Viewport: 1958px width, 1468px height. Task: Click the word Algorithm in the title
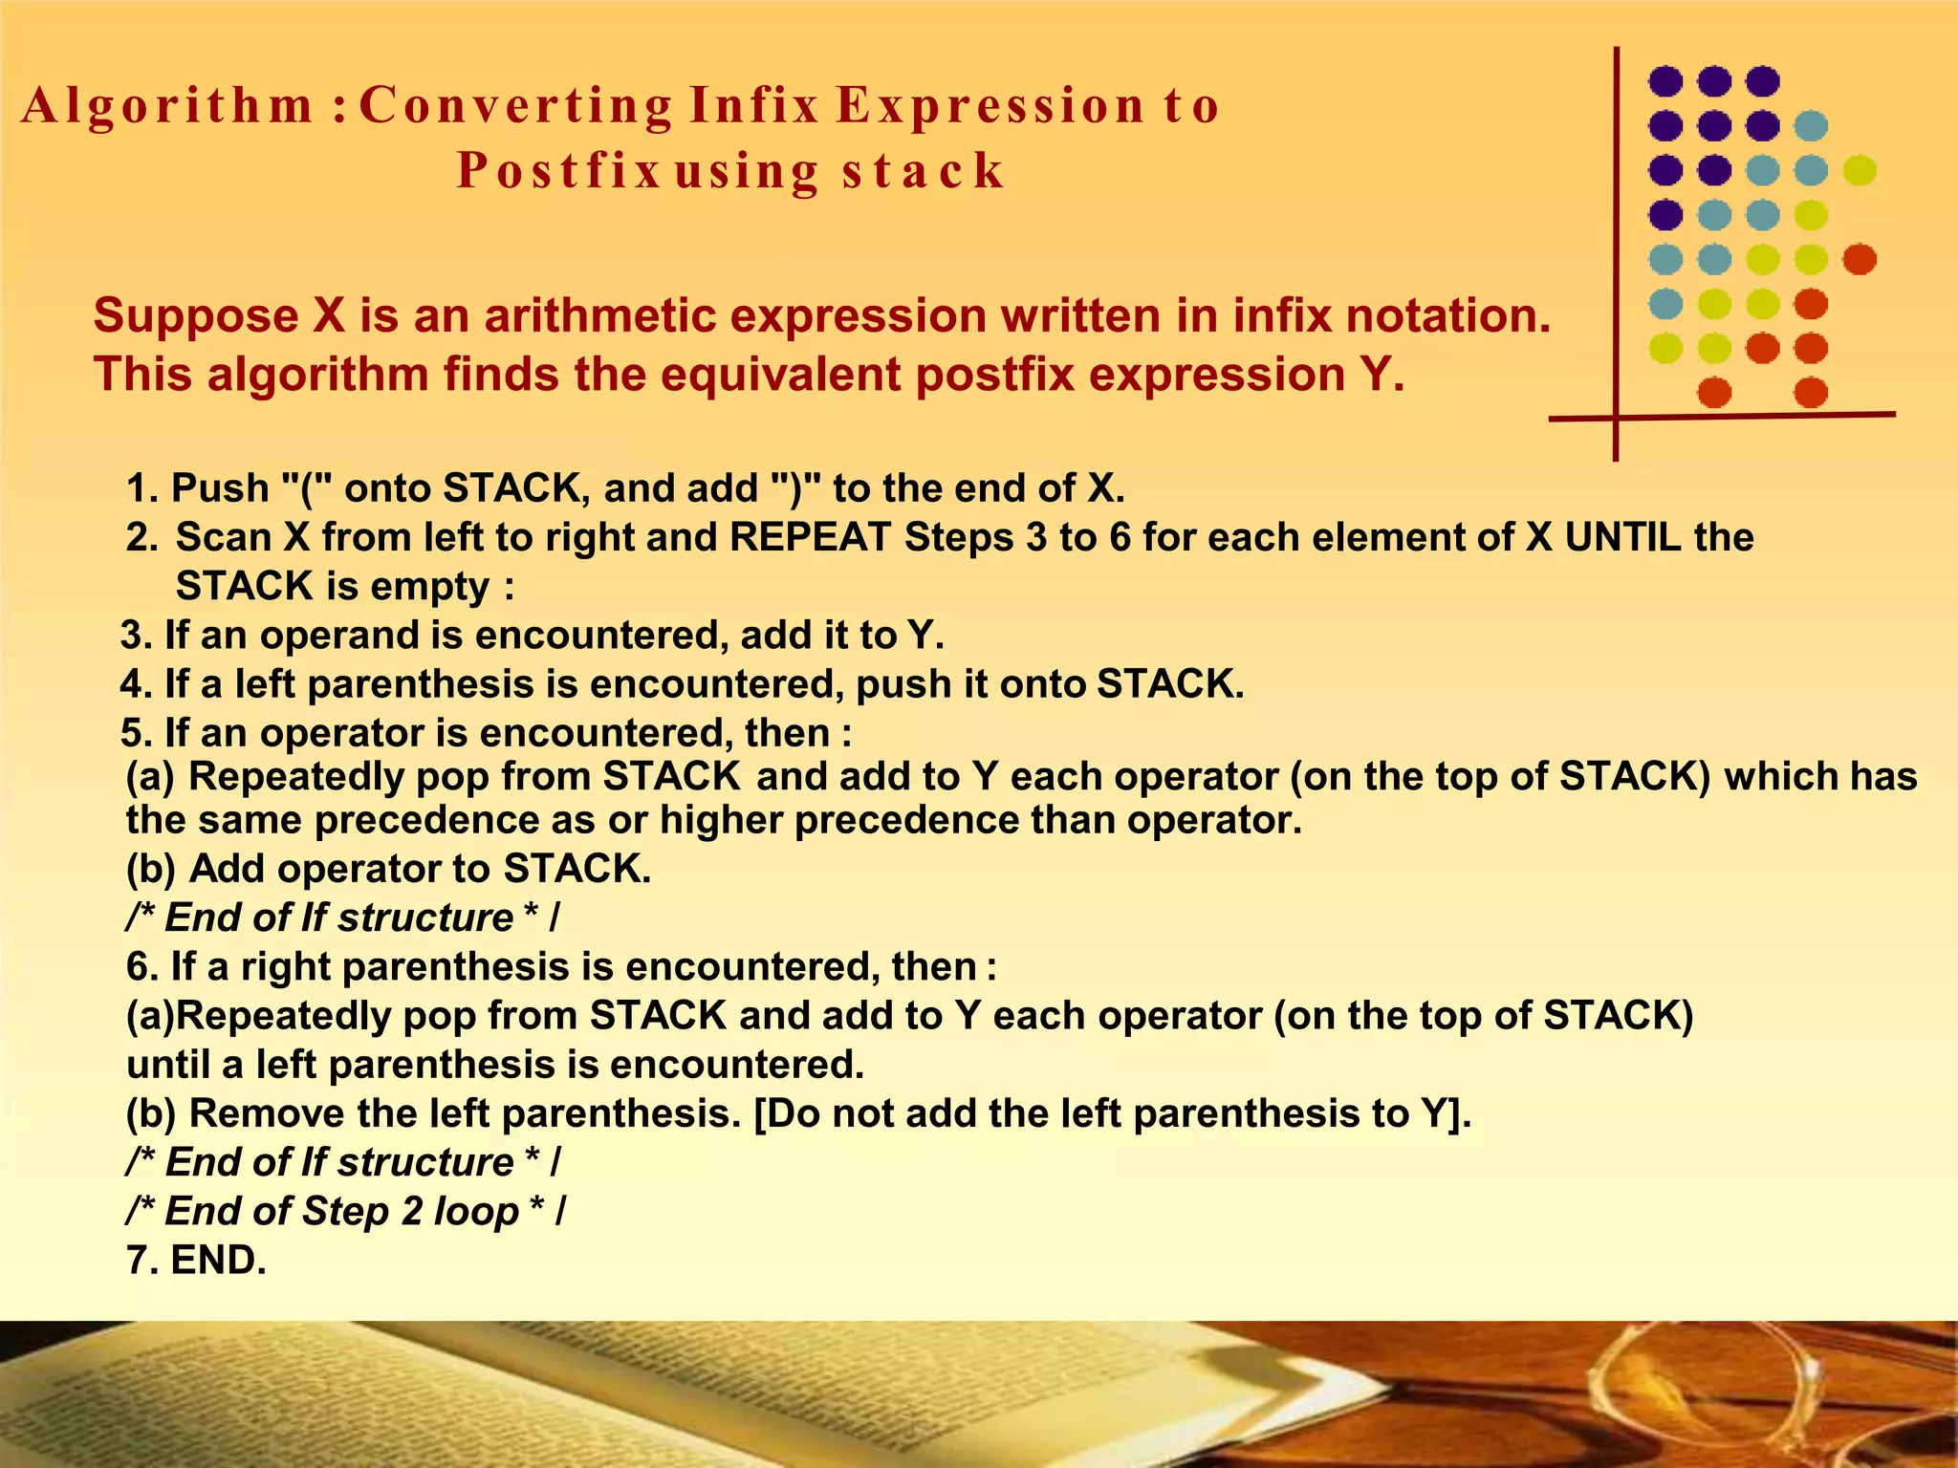[x=168, y=107]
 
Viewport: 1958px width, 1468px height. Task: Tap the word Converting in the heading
[x=516, y=107]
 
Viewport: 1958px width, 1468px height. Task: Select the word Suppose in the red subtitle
[x=196, y=316]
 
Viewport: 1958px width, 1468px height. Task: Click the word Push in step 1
[x=220, y=488]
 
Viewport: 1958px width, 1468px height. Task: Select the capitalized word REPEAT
[x=810, y=537]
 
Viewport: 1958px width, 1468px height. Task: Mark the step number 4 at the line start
[x=131, y=685]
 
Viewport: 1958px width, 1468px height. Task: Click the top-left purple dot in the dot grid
[x=1665, y=81]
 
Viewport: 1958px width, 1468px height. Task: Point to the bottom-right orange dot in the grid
[x=1811, y=392]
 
